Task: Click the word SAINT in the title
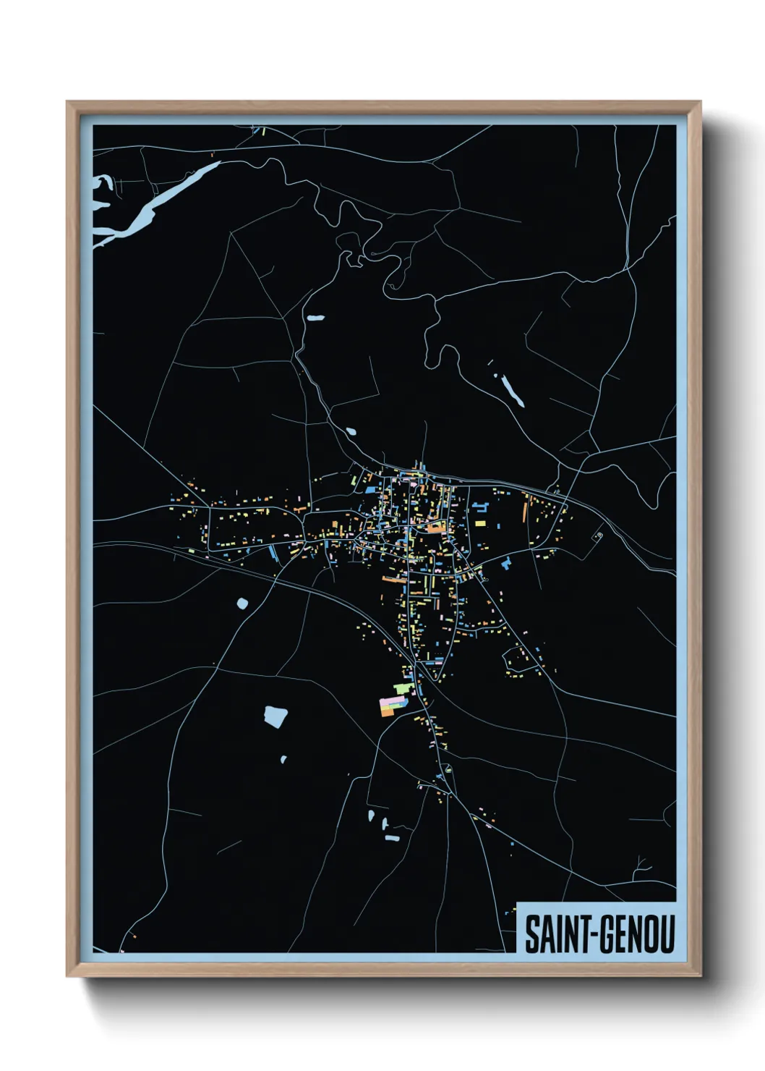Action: (555, 934)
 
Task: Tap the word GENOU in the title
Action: (634, 934)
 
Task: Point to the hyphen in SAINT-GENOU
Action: (591, 935)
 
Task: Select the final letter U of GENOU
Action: (666, 934)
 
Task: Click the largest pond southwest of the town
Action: (275, 716)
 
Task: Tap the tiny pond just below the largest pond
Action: (283, 759)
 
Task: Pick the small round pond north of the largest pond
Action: (242, 602)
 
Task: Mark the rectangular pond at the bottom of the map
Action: (393, 838)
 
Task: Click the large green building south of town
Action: (402, 688)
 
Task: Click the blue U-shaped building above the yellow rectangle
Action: (479, 508)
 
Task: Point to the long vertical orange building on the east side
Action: (526, 510)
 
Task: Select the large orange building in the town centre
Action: (435, 528)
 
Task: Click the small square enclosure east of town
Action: (598, 536)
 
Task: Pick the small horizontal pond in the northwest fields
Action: (315, 317)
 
